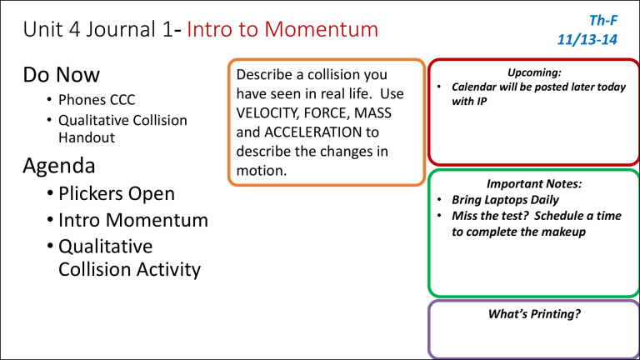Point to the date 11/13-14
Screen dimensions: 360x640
tap(587, 39)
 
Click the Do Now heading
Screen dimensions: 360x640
tap(49, 77)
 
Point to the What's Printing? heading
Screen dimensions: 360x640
tap(533, 315)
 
